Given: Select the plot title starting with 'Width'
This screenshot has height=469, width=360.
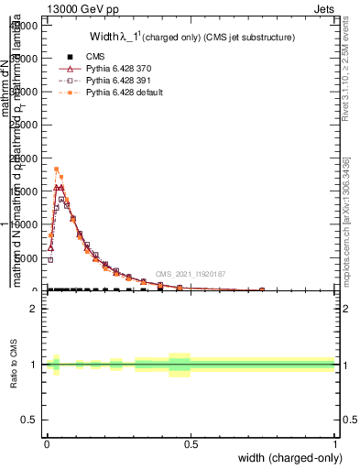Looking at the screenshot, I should coord(191,38).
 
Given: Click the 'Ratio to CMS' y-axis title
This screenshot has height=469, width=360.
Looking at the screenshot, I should coord(15,365).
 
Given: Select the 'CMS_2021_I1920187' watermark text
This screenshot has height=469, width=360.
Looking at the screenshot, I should coord(190,274).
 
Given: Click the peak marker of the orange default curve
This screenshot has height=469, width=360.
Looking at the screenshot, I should coord(56,169).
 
